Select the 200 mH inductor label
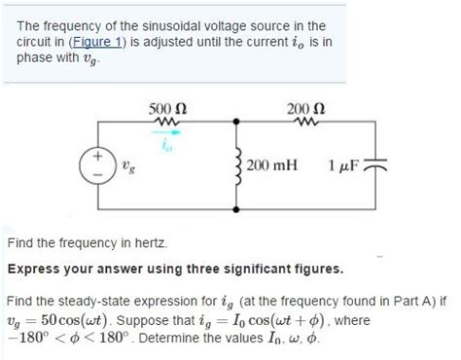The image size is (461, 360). (x=274, y=166)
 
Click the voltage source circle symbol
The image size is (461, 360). (x=98, y=166)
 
